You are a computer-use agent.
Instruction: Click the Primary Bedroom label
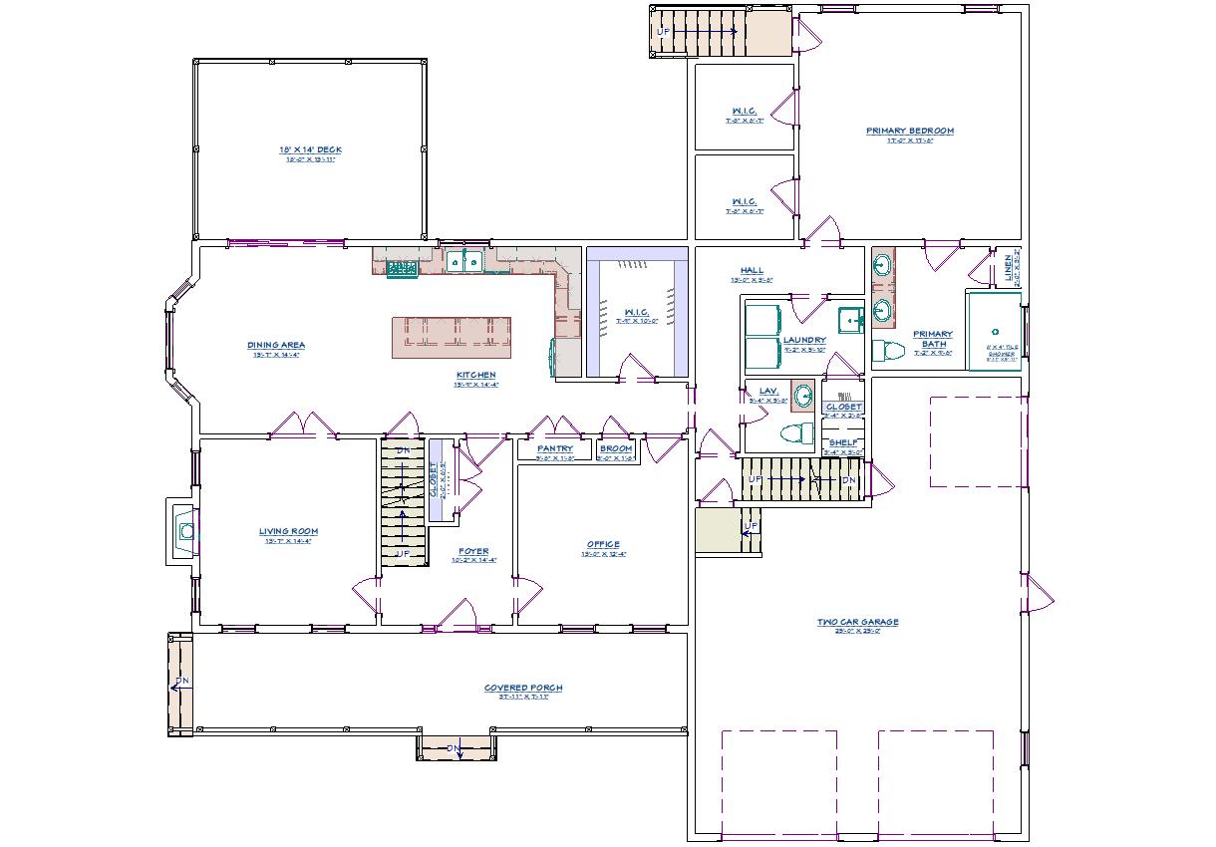coord(909,131)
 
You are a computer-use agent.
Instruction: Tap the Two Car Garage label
coord(857,622)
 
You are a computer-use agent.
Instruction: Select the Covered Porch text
coord(523,688)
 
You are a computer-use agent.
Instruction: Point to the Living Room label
coord(288,531)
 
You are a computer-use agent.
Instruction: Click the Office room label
coord(603,544)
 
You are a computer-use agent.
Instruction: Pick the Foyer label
coord(473,551)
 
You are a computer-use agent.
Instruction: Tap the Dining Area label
coord(276,345)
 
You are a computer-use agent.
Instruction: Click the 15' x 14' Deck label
coord(310,149)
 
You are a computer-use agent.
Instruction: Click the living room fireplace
coord(183,530)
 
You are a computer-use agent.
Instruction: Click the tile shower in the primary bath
coord(993,331)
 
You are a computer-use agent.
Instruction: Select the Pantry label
coord(554,448)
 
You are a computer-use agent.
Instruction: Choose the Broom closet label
coord(615,448)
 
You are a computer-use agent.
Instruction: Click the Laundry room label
coord(804,340)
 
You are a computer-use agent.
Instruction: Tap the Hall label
coord(752,270)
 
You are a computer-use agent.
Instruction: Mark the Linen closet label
coord(1007,266)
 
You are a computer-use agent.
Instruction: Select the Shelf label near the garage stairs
coord(842,442)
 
